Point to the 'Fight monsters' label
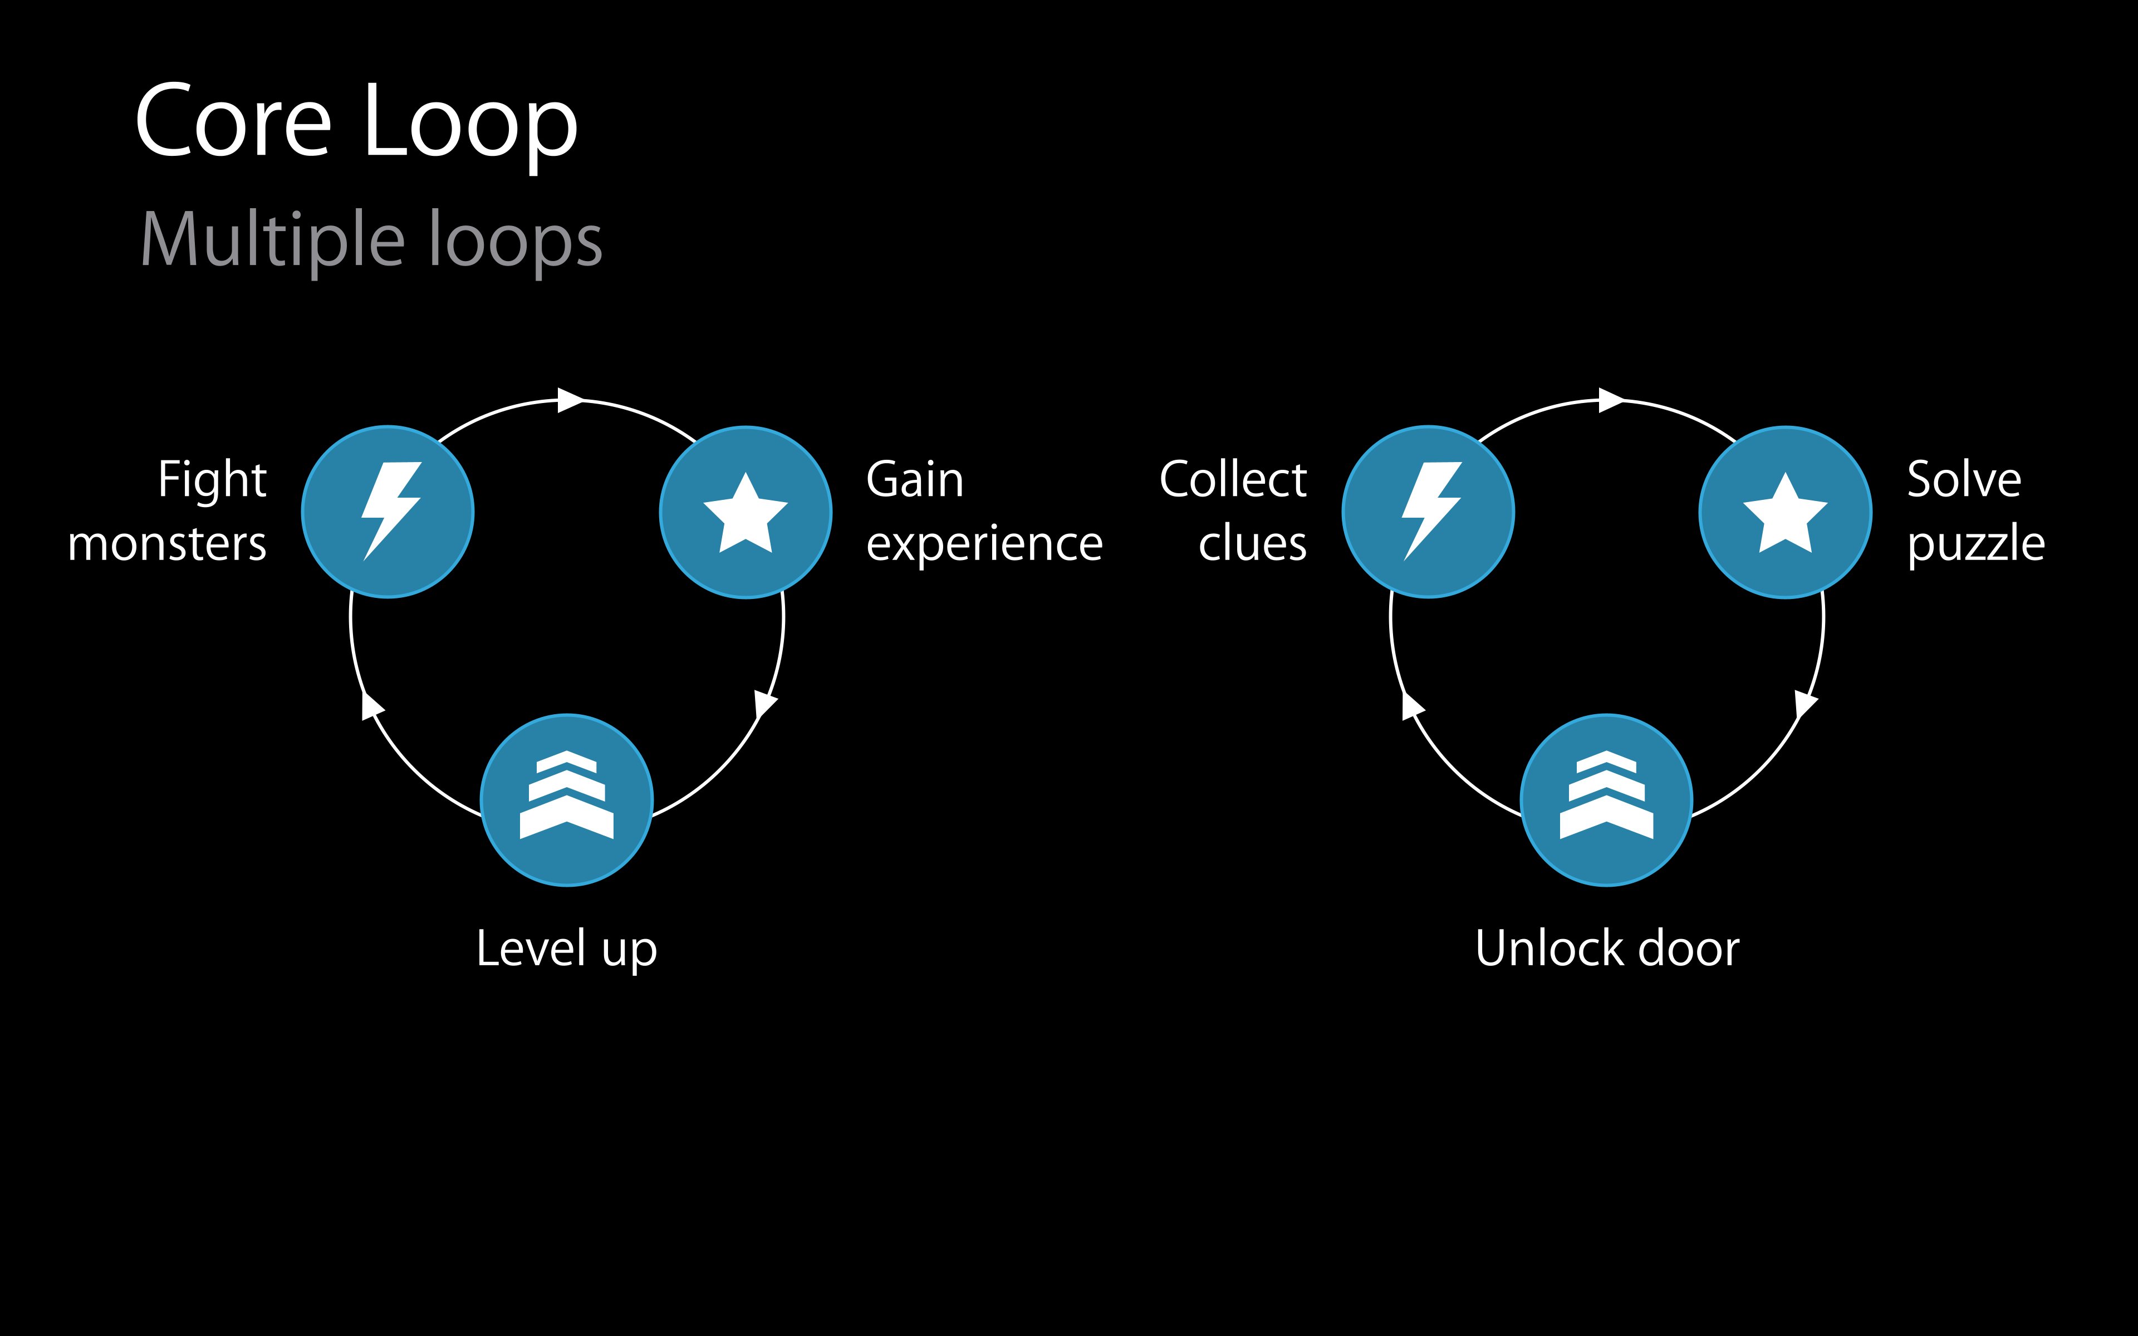[168, 510]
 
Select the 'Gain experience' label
[983, 510]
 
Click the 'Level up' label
[566, 948]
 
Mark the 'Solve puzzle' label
[1975, 510]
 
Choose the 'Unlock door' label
[1607, 948]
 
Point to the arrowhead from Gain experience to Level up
[764, 704]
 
